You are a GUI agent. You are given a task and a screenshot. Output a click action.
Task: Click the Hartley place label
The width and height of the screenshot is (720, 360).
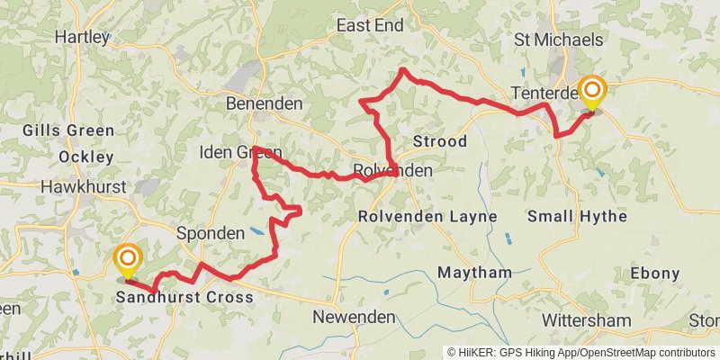[x=82, y=37]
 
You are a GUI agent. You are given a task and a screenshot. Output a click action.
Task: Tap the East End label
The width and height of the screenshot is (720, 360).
[x=370, y=26]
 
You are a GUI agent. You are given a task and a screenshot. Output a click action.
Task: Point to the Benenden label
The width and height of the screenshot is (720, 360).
[x=265, y=103]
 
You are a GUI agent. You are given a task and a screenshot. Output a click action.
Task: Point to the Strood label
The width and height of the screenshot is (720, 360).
[x=439, y=142]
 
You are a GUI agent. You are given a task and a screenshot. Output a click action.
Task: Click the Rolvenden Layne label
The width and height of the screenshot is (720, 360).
[x=427, y=217]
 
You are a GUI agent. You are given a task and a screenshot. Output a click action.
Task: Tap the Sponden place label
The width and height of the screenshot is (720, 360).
[x=211, y=233]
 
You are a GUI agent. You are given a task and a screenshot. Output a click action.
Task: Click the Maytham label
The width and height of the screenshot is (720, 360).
[x=474, y=272]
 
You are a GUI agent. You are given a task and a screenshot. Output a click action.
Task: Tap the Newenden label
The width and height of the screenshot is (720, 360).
[x=355, y=317]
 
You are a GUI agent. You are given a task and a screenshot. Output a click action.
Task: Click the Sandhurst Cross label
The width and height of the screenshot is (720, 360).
[x=184, y=296]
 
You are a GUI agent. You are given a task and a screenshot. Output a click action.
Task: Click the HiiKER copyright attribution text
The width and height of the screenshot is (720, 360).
[x=581, y=352]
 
